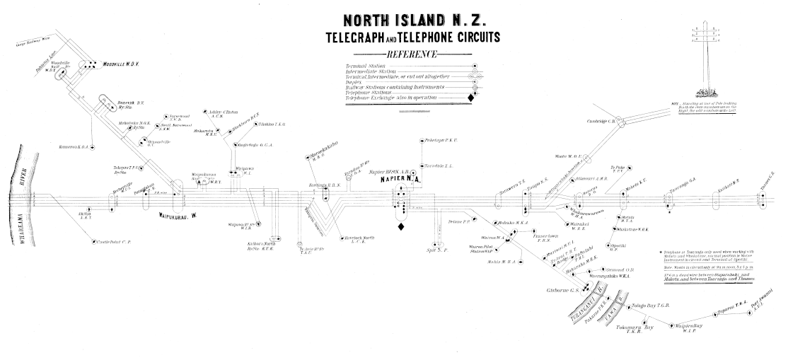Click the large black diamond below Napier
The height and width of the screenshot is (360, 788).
[401, 227]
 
